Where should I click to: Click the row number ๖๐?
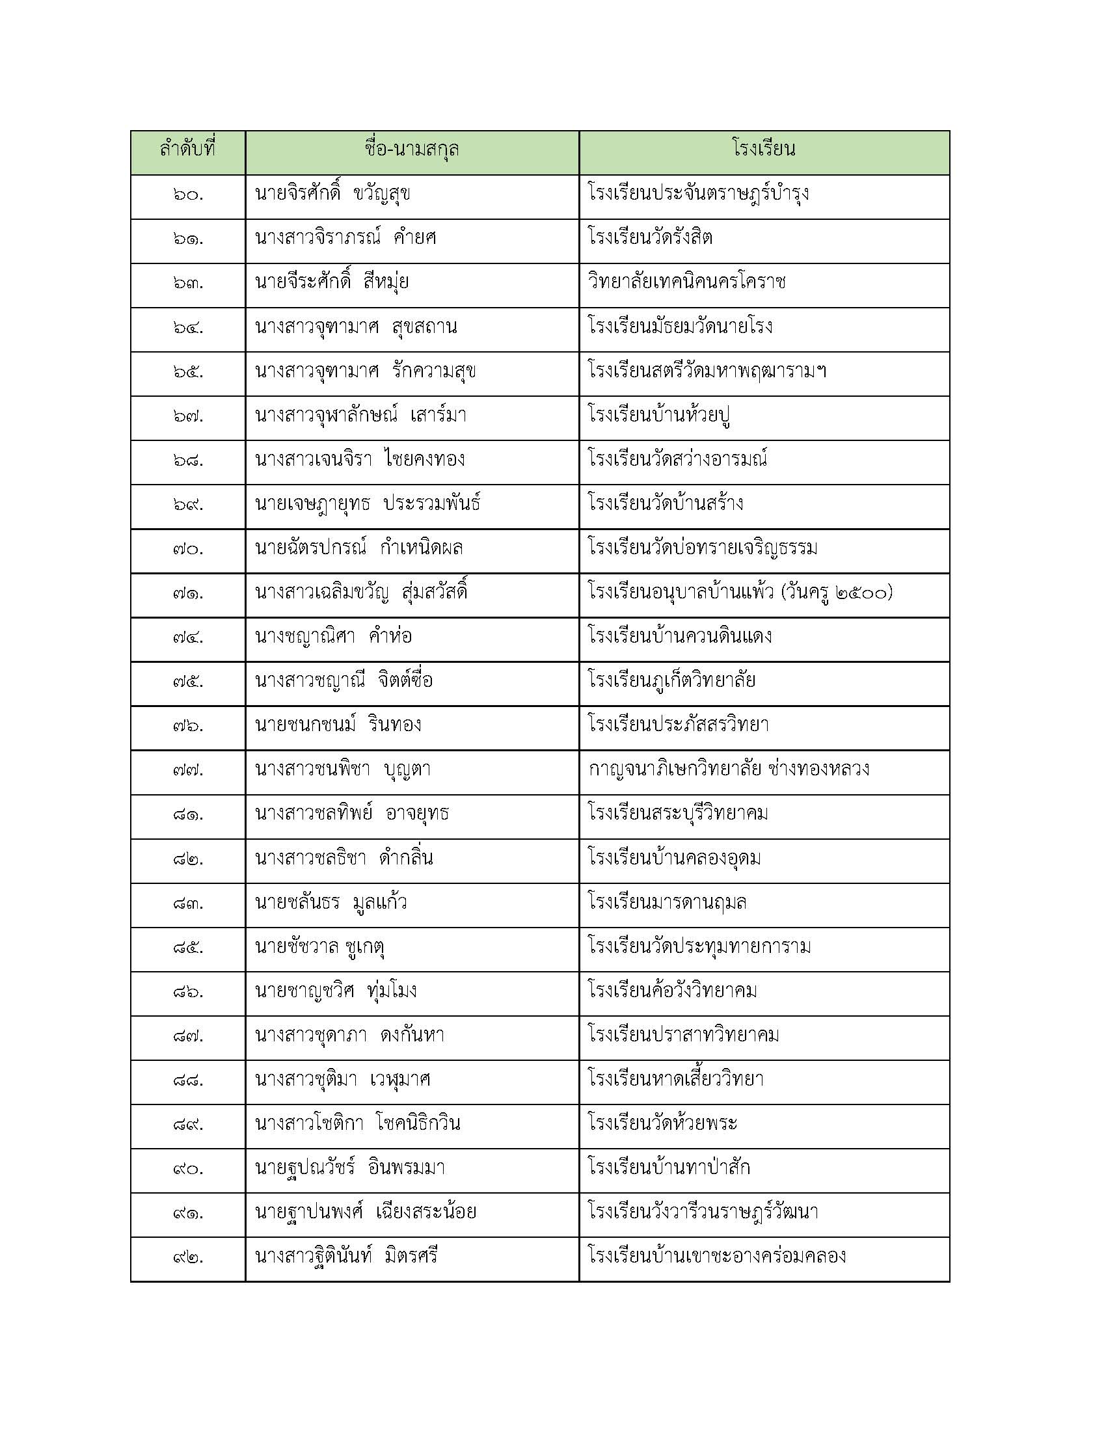tap(188, 194)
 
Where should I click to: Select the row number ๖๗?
tap(188, 416)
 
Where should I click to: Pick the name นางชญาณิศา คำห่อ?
tap(333, 637)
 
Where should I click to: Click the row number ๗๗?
tap(188, 770)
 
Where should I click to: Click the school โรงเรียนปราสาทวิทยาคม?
tap(683, 1036)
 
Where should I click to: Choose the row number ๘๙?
tap(188, 1125)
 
